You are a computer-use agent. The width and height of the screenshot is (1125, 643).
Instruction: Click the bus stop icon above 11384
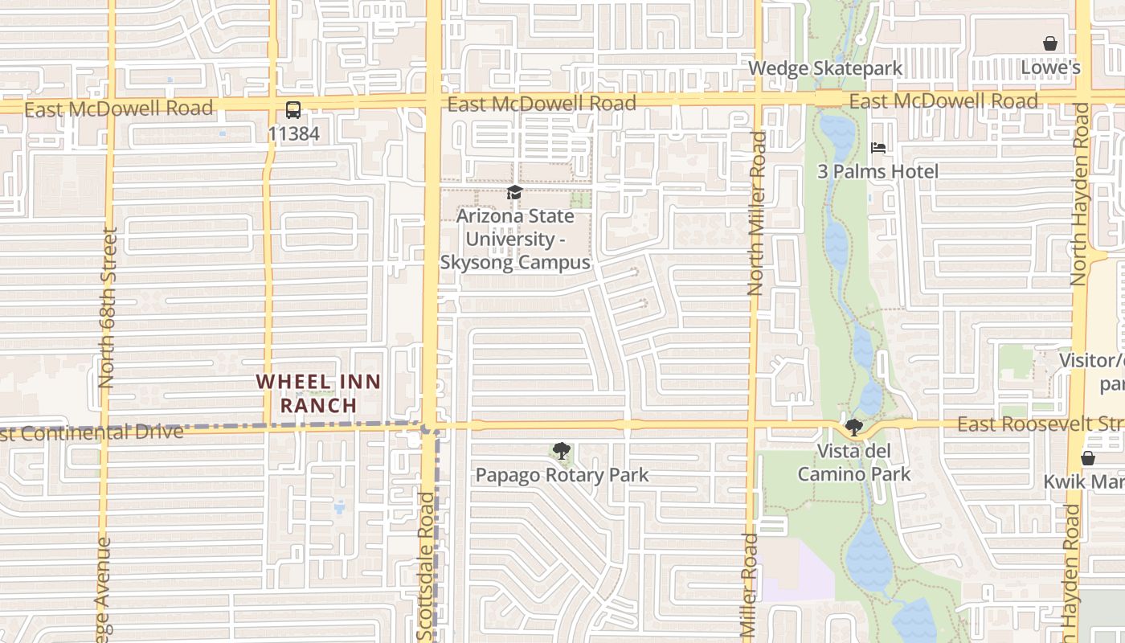(x=293, y=110)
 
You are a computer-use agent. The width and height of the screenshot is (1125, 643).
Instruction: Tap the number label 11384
(x=293, y=133)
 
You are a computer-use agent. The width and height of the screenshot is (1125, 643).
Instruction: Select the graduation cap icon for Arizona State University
(x=514, y=193)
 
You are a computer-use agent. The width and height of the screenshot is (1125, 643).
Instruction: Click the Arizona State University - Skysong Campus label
(x=515, y=240)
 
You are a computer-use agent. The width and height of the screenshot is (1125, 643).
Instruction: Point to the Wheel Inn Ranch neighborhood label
(x=318, y=393)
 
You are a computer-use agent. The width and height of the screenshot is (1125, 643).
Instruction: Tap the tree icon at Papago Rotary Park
(x=562, y=452)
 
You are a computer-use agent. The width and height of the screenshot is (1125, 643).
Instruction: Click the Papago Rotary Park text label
(x=562, y=475)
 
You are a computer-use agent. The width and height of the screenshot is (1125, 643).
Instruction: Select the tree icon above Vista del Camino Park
(x=853, y=428)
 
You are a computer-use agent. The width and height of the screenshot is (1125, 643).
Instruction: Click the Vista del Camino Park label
(x=853, y=462)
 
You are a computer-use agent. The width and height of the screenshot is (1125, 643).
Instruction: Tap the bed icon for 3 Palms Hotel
(x=878, y=148)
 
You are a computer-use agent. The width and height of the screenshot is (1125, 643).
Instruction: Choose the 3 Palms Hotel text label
(x=877, y=171)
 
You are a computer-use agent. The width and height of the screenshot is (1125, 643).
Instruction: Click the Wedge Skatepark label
(x=825, y=68)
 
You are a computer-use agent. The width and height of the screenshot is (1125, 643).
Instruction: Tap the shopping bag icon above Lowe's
(x=1049, y=43)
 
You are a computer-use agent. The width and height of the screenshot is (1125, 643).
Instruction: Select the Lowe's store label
(x=1049, y=68)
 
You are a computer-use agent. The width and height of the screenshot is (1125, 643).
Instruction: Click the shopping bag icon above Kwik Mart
(x=1087, y=458)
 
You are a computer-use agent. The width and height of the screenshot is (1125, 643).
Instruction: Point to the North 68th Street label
(x=108, y=308)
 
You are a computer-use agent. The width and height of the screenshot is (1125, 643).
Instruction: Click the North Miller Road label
(x=755, y=213)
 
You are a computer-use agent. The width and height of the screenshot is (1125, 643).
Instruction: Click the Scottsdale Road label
(x=426, y=567)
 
